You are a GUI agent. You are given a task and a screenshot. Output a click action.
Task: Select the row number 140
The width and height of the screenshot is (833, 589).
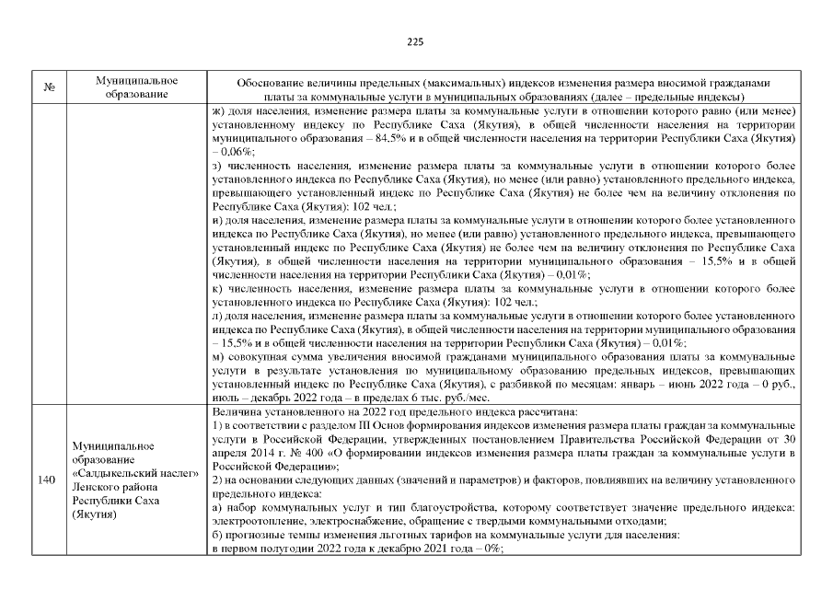[48, 479]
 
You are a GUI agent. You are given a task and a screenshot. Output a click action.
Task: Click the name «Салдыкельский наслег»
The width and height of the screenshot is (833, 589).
[135, 473]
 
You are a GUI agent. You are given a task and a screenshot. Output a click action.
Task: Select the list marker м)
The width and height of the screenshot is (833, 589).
[218, 354]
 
